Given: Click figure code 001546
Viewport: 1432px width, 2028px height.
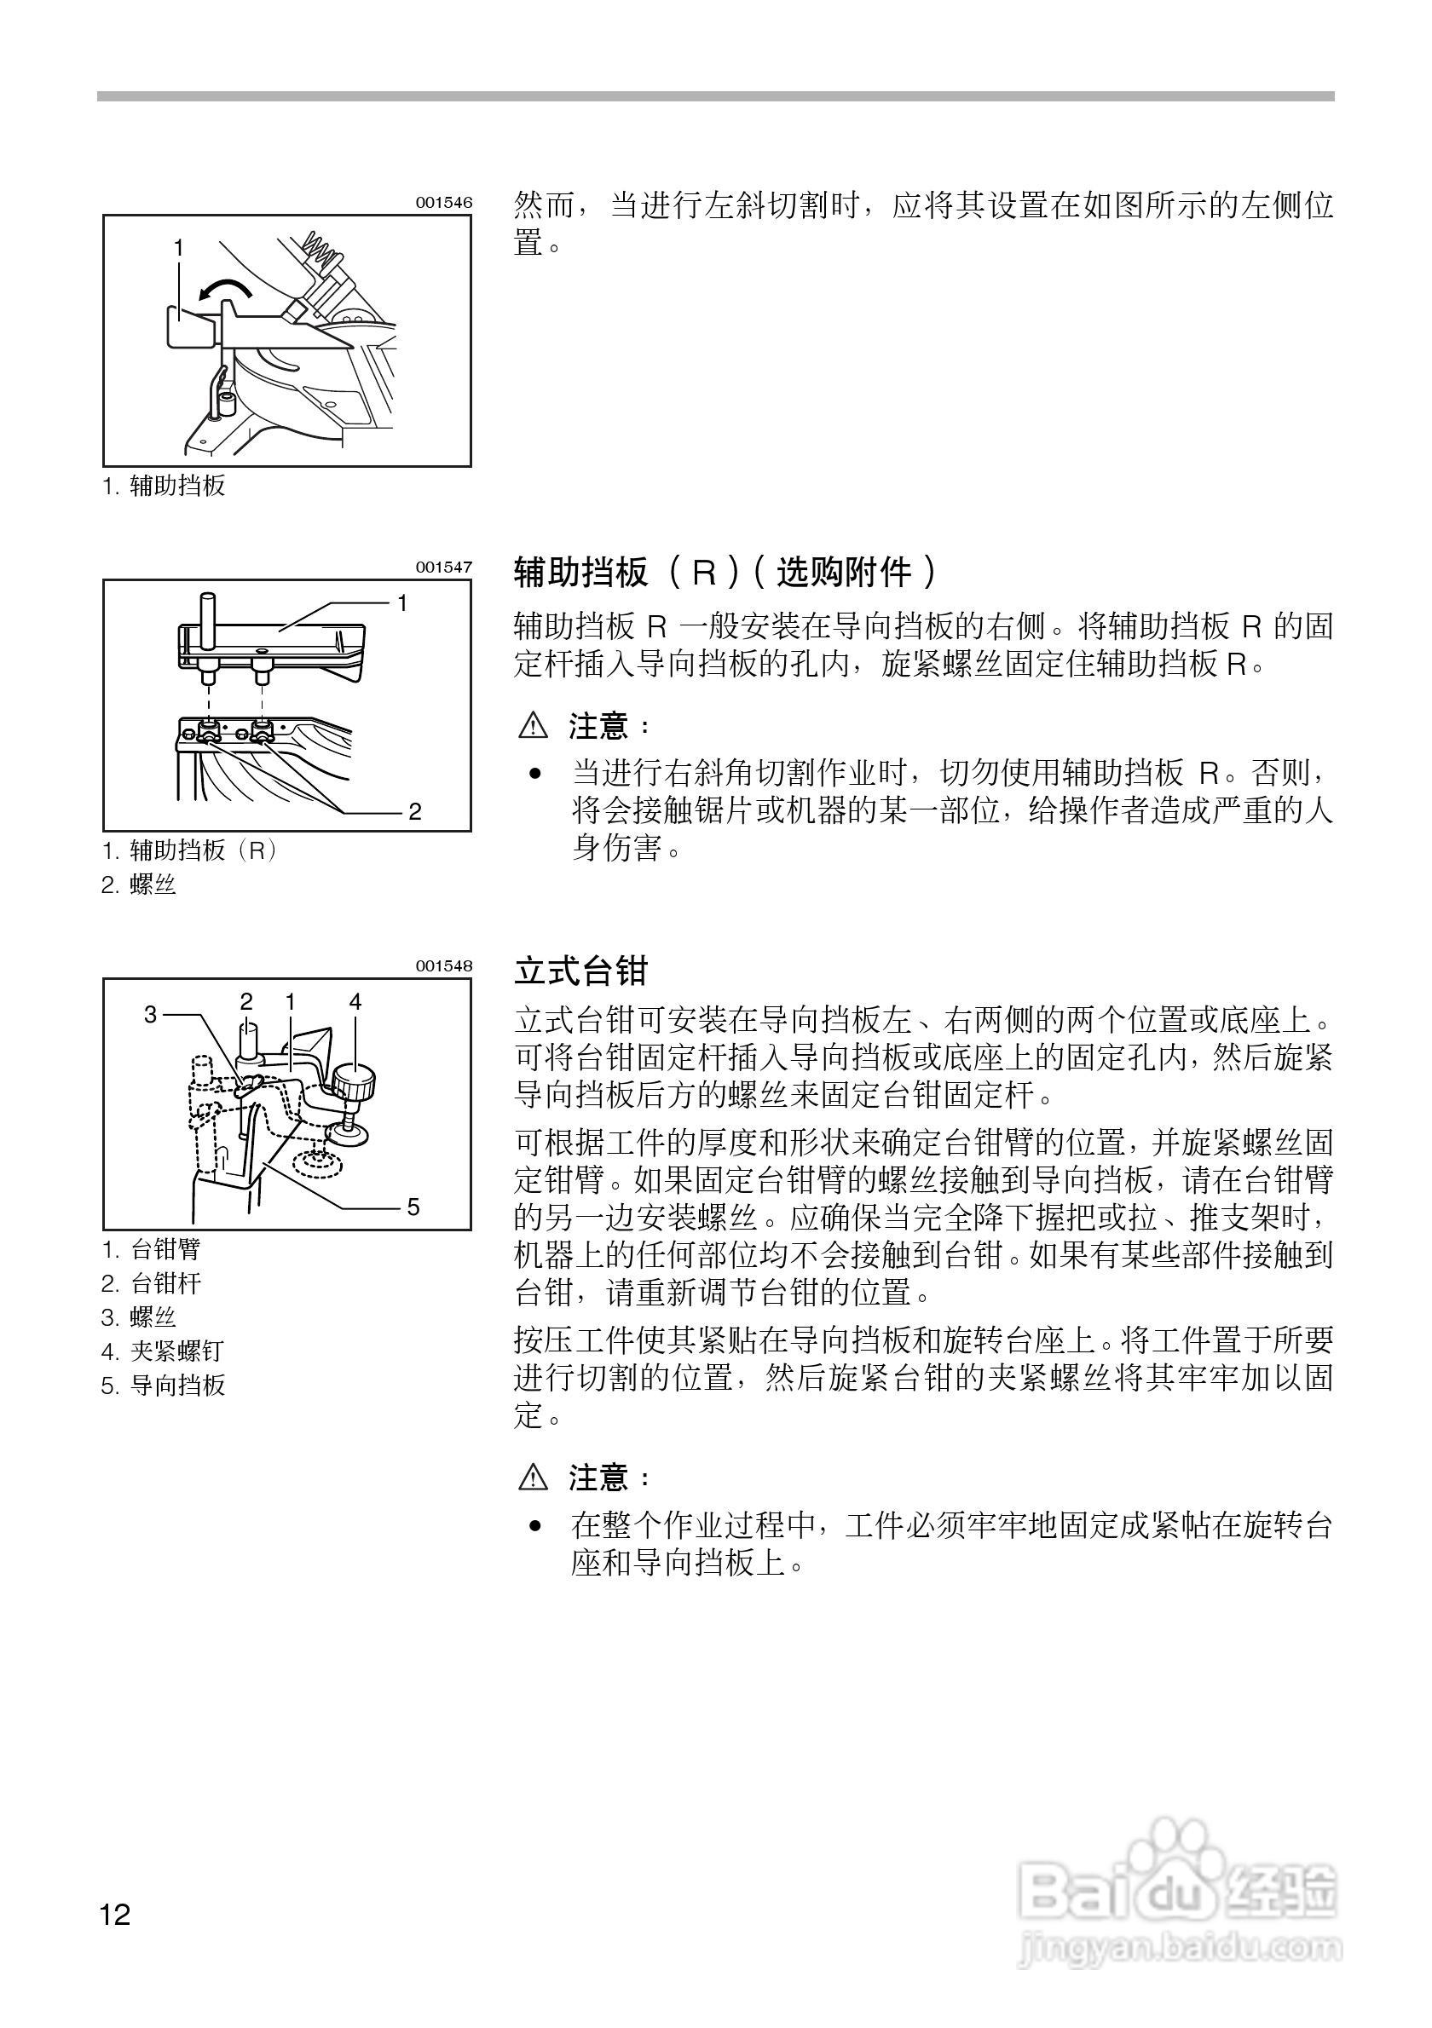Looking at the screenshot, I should (444, 202).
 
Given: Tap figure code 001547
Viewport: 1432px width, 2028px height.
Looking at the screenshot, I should (444, 567).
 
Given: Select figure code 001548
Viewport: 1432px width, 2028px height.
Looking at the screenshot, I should (444, 965).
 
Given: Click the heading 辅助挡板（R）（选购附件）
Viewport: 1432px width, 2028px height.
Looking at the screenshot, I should (725, 573).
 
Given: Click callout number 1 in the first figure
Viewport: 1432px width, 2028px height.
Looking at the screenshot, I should (178, 248).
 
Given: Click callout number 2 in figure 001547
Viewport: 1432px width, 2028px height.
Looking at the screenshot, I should (414, 811).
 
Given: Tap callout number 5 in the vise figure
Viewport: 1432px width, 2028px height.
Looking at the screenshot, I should (413, 1206).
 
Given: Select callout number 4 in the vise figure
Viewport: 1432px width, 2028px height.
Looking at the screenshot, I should (355, 1001).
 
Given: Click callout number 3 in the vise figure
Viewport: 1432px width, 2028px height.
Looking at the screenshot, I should (150, 1015).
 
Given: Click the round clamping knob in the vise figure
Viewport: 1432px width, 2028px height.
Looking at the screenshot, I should (355, 1082).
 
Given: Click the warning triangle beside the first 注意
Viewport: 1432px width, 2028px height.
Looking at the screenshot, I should (534, 726).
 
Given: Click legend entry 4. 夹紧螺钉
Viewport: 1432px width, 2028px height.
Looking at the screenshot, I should (163, 1351).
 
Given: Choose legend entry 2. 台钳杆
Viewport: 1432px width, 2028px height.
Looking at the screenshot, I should (151, 1282).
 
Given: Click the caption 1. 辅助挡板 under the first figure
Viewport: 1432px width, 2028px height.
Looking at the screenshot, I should (165, 485).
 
